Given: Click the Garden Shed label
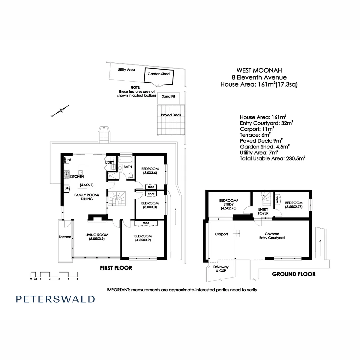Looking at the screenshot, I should coord(159,74).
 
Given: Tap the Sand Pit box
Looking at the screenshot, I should coord(168,96).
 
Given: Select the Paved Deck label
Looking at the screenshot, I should coord(171,115).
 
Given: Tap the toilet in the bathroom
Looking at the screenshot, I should coord(130,176).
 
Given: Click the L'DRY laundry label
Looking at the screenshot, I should coord(110,162).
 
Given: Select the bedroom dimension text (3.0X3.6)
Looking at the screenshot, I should coord(150,173).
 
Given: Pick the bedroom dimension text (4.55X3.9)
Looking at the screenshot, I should coord(143,240).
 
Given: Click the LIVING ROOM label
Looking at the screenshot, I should coord(97,235).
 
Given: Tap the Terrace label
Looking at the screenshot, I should coord(65,237).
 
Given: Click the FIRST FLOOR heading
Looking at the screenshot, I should coord(116,268).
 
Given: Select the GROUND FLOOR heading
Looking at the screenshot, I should coord(294,274).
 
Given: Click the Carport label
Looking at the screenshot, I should coord(221,234).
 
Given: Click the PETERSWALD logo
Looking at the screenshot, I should coord(55,299).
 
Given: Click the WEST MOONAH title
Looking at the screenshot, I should coord(259,70).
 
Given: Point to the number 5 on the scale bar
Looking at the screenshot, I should coord(77,278).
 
